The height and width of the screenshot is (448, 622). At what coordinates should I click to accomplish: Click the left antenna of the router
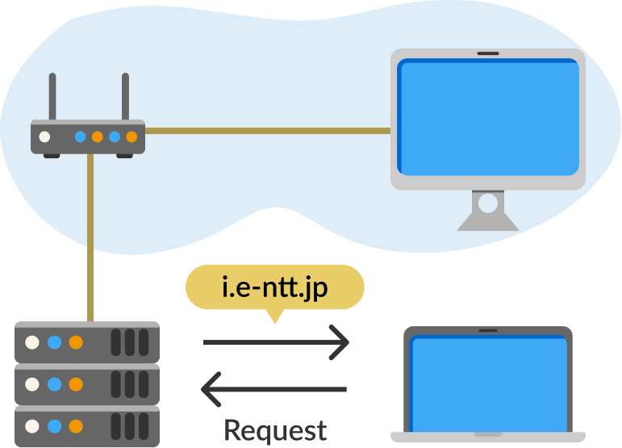tap(52, 97)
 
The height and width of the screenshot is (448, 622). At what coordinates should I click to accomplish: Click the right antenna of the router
tap(125, 97)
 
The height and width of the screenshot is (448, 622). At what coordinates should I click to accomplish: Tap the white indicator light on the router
tap(45, 137)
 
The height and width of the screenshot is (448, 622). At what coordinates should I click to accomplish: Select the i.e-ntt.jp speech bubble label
tap(274, 287)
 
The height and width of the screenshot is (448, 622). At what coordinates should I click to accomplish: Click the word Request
tap(275, 429)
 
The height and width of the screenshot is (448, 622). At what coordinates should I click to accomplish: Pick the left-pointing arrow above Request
tap(274, 390)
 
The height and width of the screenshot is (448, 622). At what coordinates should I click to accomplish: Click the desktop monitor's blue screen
tap(489, 117)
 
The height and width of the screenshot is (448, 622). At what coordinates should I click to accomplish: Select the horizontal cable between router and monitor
tap(266, 129)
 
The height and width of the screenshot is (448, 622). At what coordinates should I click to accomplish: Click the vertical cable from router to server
tap(91, 242)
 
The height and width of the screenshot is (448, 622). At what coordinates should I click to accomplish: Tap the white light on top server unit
tap(32, 342)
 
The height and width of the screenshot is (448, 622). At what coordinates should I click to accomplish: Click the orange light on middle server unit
tap(76, 384)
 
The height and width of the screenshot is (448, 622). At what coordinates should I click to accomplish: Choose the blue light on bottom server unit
tap(54, 425)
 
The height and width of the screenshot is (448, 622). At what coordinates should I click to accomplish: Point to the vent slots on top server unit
tap(130, 342)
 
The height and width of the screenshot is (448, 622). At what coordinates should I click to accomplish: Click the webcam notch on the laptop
tap(488, 330)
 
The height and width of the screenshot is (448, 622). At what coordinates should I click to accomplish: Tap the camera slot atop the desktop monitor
tap(488, 53)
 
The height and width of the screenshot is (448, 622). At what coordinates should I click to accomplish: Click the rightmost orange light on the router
tap(131, 137)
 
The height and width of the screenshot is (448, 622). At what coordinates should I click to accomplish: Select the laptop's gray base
tap(488, 437)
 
